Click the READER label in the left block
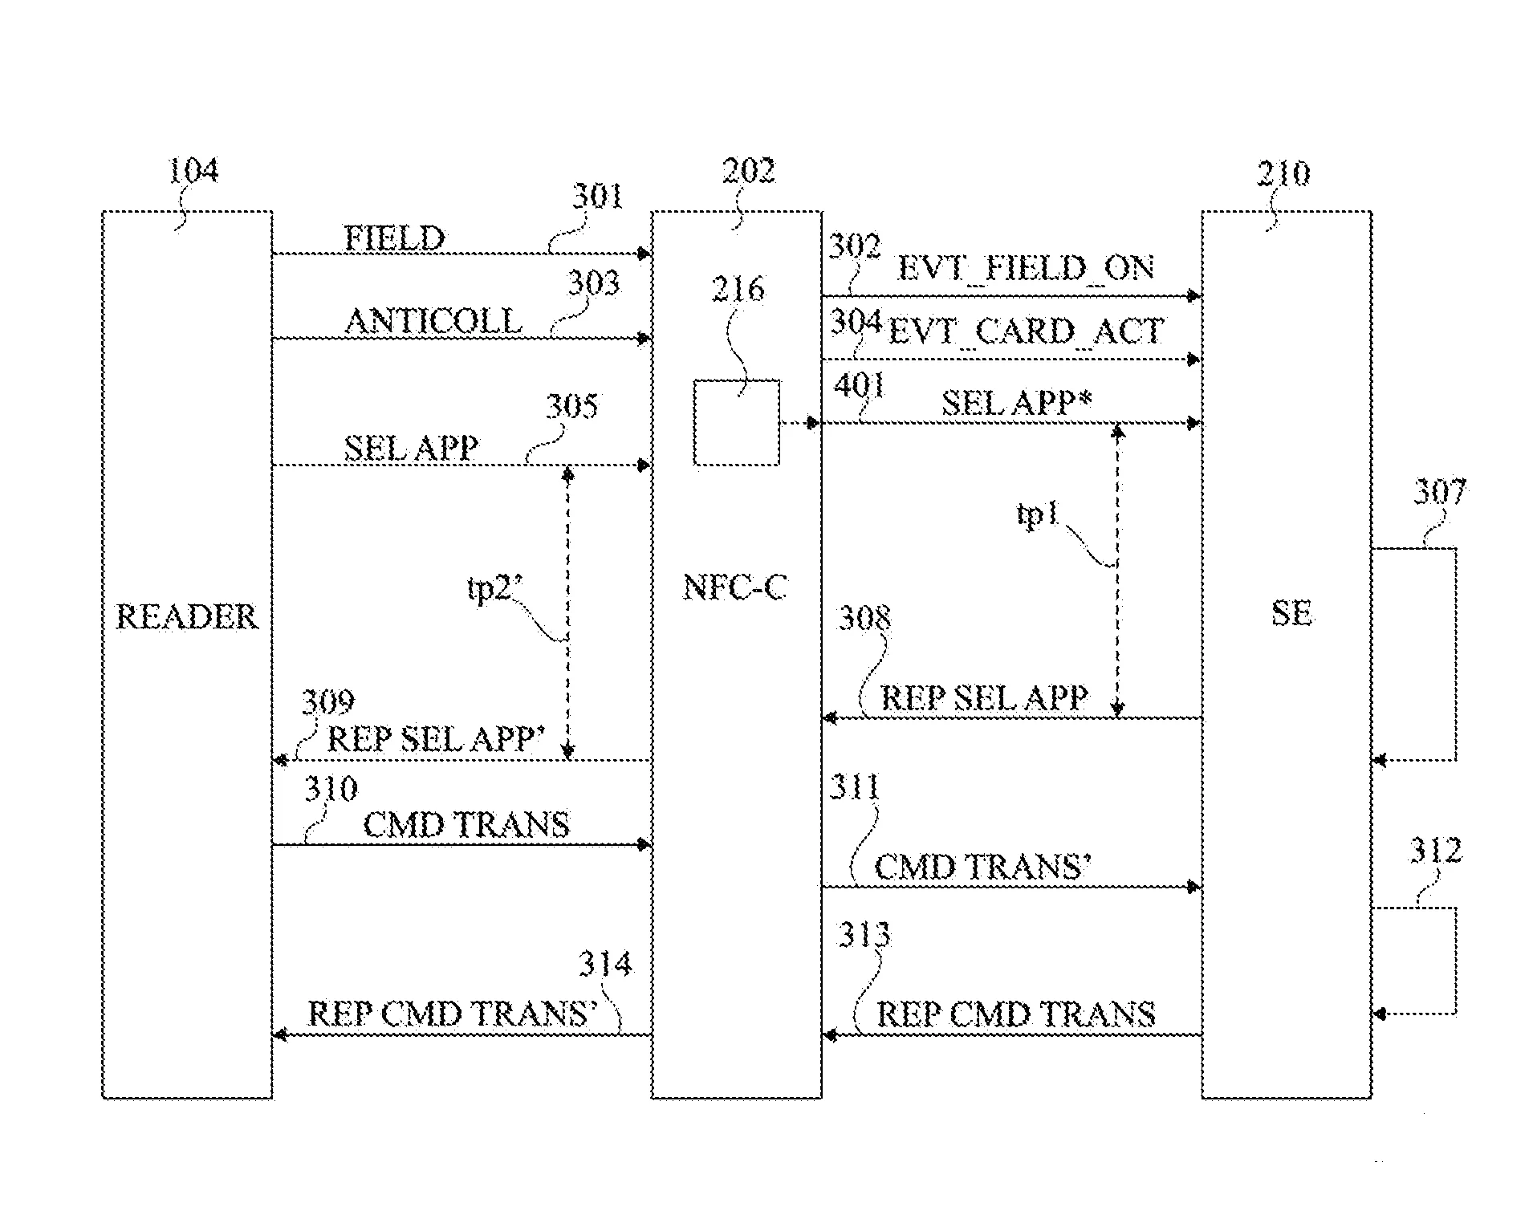pyautogui.click(x=187, y=616)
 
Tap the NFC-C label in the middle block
pyautogui.click(x=734, y=587)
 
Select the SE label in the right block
pyautogui.click(x=1291, y=613)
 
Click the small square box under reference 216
pyautogui.click(x=736, y=422)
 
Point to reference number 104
pyautogui.click(x=193, y=170)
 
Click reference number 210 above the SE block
pyautogui.click(x=1283, y=173)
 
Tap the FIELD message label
pyautogui.click(x=394, y=238)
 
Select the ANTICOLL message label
pyautogui.click(x=433, y=321)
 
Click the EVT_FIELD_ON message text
pyautogui.click(x=1026, y=268)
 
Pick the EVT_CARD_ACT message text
pyautogui.click(x=1027, y=331)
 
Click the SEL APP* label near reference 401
pyautogui.click(x=1016, y=402)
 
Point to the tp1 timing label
pyautogui.click(x=1038, y=514)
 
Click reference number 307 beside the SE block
pyautogui.click(x=1440, y=491)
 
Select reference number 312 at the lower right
pyautogui.click(x=1436, y=851)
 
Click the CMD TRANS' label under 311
pyautogui.click(x=982, y=867)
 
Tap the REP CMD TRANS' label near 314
pyautogui.click(x=453, y=1014)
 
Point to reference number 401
pyautogui.click(x=860, y=386)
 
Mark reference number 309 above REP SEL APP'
pyautogui.click(x=327, y=702)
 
